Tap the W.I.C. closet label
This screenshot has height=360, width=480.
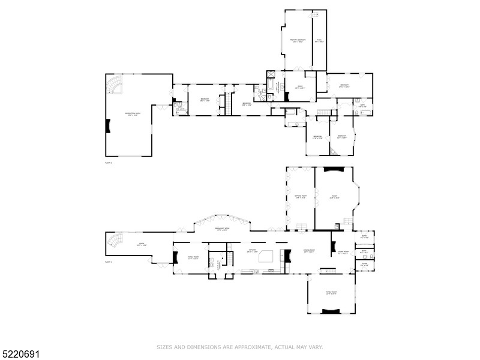point(320,41)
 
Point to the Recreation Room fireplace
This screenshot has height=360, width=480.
point(109,126)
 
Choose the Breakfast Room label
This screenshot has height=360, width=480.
point(223,229)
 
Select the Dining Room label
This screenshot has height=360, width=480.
point(309,251)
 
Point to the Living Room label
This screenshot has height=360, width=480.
point(343,253)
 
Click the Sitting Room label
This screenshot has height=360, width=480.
point(301,196)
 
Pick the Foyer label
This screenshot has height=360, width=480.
point(365,265)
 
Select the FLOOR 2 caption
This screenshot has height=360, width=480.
point(109,163)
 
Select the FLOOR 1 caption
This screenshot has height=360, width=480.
point(109,262)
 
